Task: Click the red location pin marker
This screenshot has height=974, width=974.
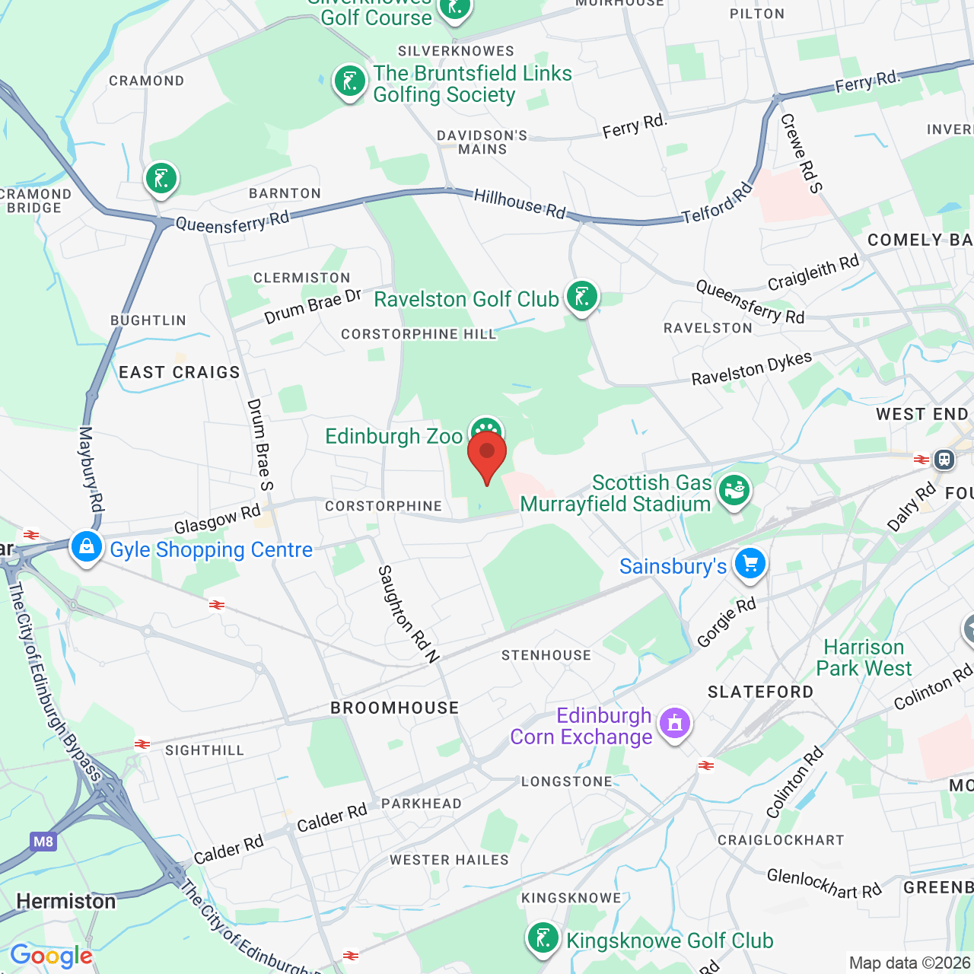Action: pyautogui.click(x=487, y=454)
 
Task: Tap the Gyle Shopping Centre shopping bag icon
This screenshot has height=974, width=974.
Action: pyautogui.click(x=87, y=547)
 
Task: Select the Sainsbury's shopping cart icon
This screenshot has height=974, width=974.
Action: pyautogui.click(x=750, y=565)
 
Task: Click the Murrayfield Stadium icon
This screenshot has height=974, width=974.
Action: pyautogui.click(x=734, y=490)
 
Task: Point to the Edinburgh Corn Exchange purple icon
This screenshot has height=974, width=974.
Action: pyautogui.click(x=675, y=724)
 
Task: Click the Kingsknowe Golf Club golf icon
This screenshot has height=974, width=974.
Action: pyautogui.click(x=543, y=939)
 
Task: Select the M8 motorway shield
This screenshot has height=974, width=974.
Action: pyautogui.click(x=43, y=842)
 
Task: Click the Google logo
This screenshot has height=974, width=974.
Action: pyautogui.click(x=51, y=956)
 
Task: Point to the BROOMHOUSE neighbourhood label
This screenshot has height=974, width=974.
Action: pyautogui.click(x=395, y=708)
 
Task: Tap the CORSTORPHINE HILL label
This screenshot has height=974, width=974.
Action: pyautogui.click(x=419, y=334)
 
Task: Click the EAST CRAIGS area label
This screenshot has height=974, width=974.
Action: pyautogui.click(x=180, y=372)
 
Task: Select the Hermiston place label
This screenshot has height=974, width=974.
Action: pyautogui.click(x=66, y=902)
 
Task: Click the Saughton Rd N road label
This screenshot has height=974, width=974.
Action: pyautogui.click(x=409, y=614)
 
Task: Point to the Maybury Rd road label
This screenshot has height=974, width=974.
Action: pyautogui.click(x=91, y=469)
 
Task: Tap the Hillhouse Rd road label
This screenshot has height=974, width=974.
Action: pyautogui.click(x=520, y=204)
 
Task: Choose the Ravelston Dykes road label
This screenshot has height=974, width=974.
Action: pyautogui.click(x=751, y=368)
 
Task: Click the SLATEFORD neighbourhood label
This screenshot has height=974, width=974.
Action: pyautogui.click(x=760, y=692)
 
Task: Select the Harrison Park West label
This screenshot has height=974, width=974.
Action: pyautogui.click(x=864, y=657)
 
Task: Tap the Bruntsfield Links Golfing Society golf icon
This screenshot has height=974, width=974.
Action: pyautogui.click(x=350, y=81)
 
